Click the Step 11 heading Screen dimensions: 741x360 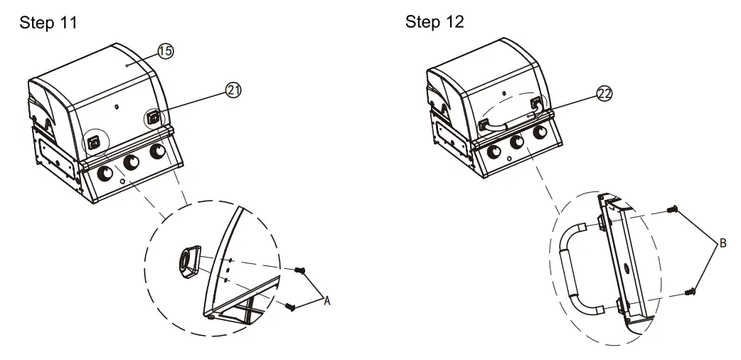[48, 23]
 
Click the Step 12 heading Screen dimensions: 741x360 [435, 22]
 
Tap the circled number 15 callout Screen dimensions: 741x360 [166, 51]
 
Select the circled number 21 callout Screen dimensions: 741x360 [233, 90]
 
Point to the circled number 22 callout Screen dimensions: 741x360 [604, 94]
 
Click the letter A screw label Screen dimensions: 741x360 [326, 300]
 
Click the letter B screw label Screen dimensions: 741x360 [723, 243]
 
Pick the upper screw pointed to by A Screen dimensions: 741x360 [300, 270]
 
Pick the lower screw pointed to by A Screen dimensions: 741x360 [290, 307]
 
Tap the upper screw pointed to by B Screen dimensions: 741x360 [673, 208]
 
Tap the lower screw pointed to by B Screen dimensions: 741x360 [690, 292]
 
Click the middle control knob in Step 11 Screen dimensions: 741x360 [131, 162]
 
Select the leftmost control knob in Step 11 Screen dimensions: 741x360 [105, 173]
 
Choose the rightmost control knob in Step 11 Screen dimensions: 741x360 [157, 152]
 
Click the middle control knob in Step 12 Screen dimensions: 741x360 [516, 142]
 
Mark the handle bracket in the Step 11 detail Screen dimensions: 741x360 [189, 262]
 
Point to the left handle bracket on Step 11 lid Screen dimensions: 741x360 [94, 142]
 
